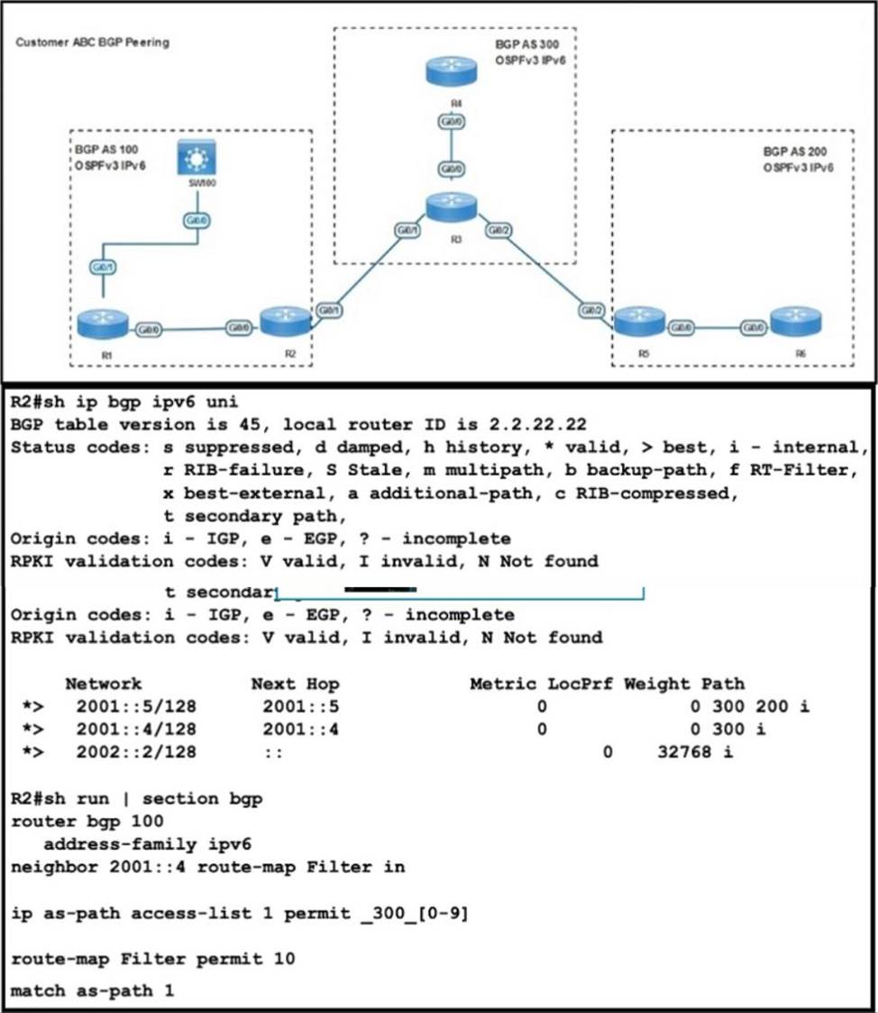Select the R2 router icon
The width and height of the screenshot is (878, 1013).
[286, 320]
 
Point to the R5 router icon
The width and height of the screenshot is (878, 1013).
[641, 321]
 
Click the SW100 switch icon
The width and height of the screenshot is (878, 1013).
[194, 159]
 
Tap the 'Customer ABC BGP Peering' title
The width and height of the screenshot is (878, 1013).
[92, 41]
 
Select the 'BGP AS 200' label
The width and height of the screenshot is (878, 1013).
[795, 152]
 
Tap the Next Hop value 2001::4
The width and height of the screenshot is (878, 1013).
[300, 728]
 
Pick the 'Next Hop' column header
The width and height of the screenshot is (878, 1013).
[295, 683]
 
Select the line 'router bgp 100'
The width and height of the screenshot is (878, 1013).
[87, 821]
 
